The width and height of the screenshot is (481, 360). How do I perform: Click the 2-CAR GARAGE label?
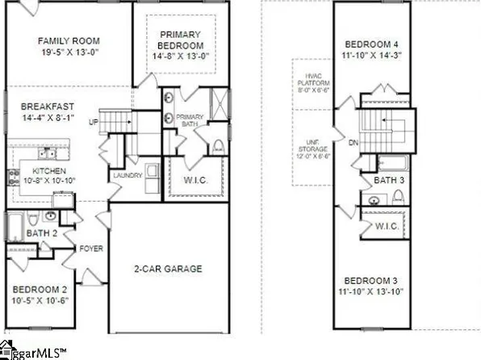[x=168, y=269]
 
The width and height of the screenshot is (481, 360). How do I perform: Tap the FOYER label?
[x=90, y=249]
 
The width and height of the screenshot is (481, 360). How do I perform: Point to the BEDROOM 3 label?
[x=372, y=279]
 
